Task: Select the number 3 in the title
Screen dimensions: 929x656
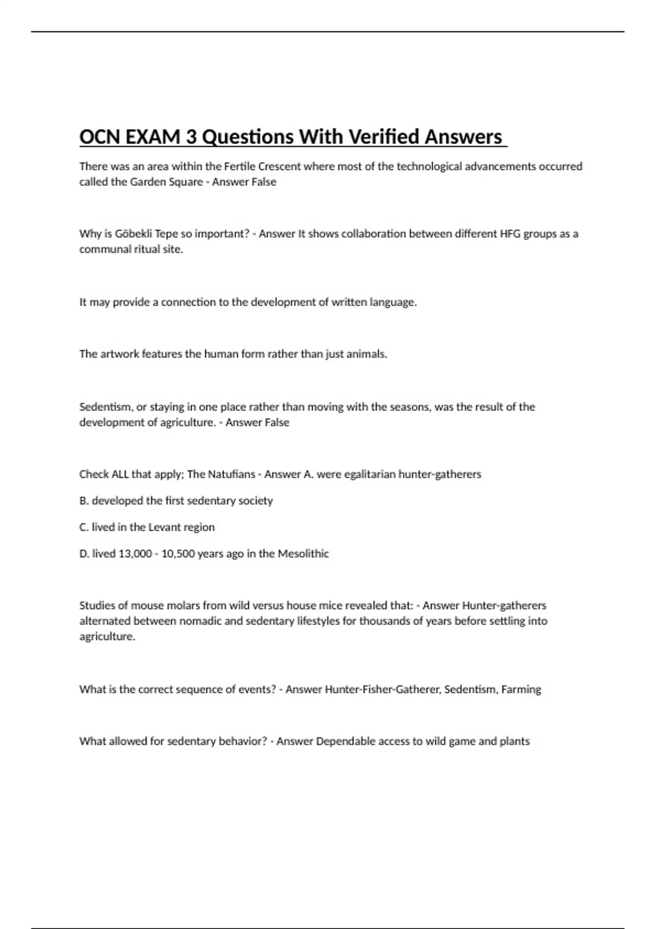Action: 191,137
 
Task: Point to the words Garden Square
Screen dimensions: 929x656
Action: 166,182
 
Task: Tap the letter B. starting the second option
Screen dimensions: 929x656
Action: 84,501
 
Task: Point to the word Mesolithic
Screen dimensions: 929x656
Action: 303,554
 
